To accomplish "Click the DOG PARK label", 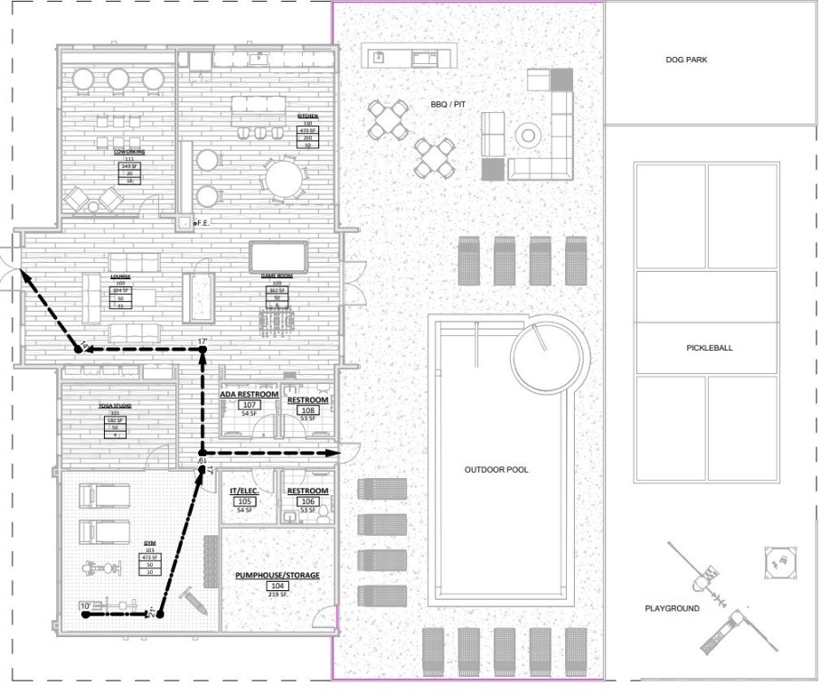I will click(686, 60).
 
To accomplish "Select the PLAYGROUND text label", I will click(672, 608).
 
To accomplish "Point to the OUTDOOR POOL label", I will click(496, 470).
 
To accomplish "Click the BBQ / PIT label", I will click(448, 105).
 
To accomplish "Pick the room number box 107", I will click(250, 405).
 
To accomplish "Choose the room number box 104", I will click(277, 586).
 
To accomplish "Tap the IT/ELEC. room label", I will click(244, 491).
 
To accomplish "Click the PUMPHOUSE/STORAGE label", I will click(278, 575).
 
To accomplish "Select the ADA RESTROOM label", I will click(250, 394).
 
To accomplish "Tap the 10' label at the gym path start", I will click(85, 605).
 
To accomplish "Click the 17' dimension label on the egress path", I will click(203, 342).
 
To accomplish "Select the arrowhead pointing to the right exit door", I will click(333, 452).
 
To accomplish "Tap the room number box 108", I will click(307, 409).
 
